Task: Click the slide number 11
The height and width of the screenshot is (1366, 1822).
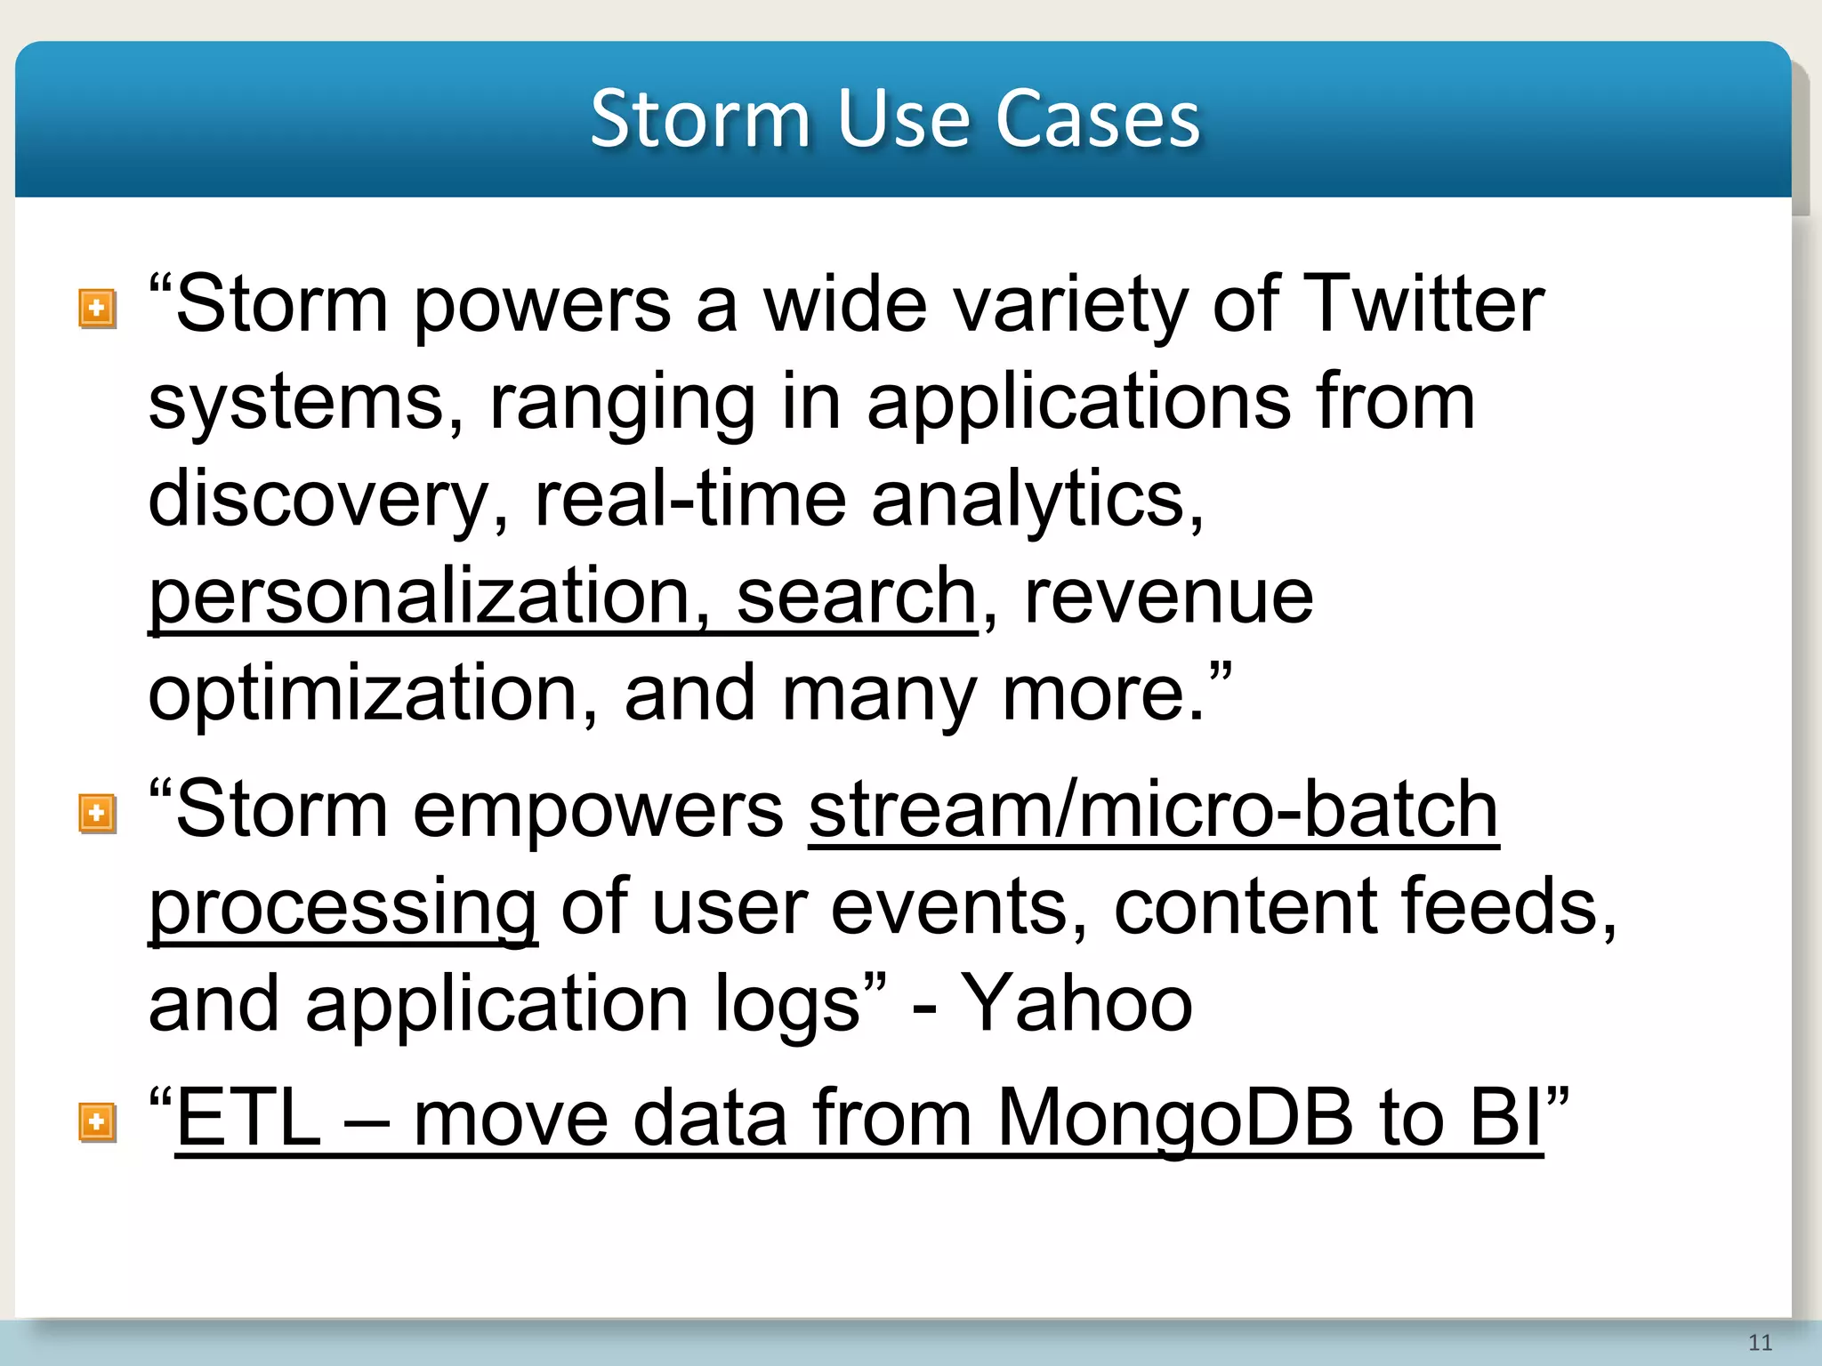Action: coord(1760,1342)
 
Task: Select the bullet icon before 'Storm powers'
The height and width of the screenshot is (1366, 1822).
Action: coord(97,309)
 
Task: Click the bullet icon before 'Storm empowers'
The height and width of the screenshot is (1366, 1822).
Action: coord(97,813)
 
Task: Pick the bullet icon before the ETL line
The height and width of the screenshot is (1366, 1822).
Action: coord(97,1121)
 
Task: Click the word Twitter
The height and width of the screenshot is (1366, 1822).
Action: coord(1423,304)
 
